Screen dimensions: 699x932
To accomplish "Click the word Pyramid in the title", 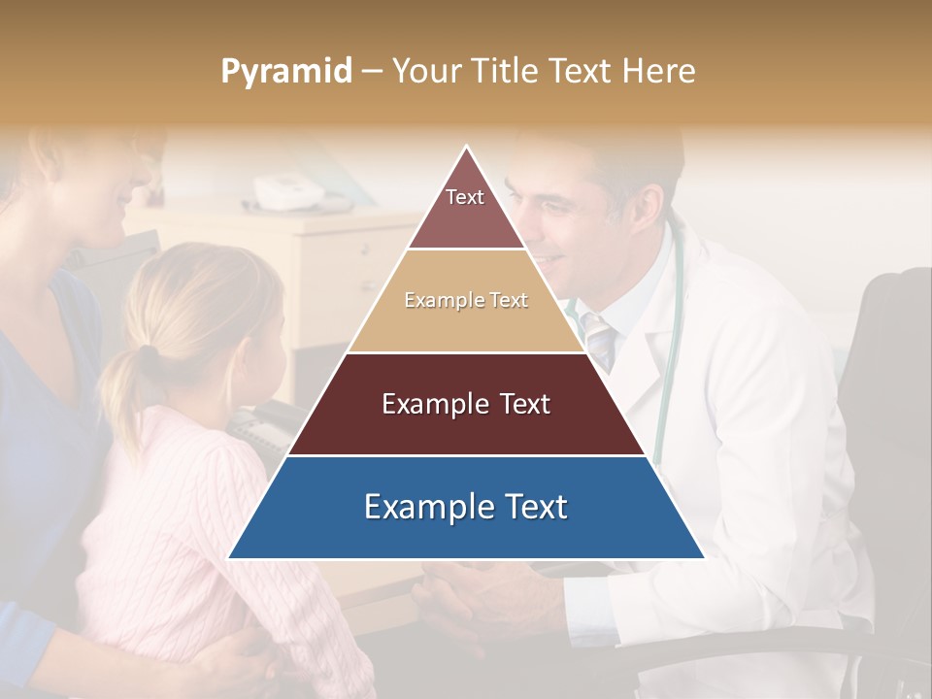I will click(x=285, y=72).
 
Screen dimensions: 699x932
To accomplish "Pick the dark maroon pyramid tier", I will click(x=466, y=405).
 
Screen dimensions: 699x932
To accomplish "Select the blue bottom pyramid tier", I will click(x=466, y=508).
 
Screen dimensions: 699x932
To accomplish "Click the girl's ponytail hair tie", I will click(x=147, y=351).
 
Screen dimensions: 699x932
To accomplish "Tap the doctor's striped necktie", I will click(x=600, y=340).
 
